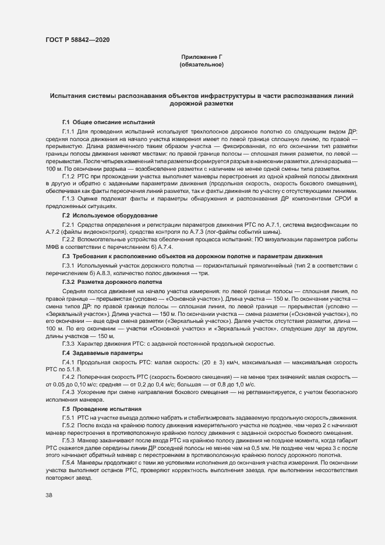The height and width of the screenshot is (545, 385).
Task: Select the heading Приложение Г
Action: pos(202,57)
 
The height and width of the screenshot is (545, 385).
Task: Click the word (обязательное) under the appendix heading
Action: pos(202,65)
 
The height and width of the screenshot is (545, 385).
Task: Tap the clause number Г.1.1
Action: pos(69,132)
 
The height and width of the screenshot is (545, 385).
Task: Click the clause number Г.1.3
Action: pos(69,199)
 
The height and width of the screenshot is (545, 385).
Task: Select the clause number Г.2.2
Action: pos(69,240)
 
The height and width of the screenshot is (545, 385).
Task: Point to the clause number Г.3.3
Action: pos(69,344)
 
